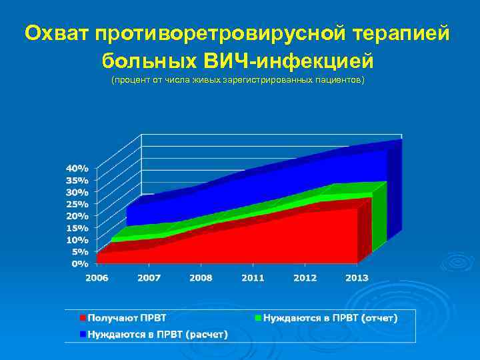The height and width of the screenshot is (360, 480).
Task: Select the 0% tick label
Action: (x=80, y=264)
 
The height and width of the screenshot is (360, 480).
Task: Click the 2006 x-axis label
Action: (x=97, y=277)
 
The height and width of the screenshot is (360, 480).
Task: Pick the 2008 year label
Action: (x=201, y=277)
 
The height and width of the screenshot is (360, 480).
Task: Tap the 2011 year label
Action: (x=253, y=277)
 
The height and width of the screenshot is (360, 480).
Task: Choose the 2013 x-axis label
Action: (x=357, y=277)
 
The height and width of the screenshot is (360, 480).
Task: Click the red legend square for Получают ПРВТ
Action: (x=83, y=319)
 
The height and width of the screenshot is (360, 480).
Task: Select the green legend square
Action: (x=258, y=319)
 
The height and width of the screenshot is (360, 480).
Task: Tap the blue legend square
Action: (x=83, y=334)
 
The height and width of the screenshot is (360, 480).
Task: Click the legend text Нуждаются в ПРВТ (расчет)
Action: (x=157, y=334)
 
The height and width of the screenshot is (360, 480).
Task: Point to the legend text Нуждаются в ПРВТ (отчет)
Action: (x=330, y=319)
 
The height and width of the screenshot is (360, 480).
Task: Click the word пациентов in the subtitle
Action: (x=343, y=81)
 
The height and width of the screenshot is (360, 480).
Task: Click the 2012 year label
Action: (x=305, y=277)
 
